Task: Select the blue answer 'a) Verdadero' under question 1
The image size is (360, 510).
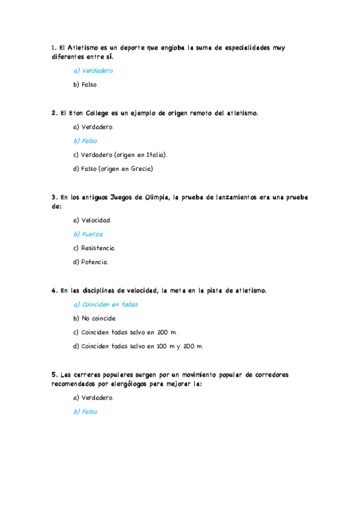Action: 93,70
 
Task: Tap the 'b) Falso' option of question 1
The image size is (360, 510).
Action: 85,85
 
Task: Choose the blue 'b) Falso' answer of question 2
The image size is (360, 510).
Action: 85,141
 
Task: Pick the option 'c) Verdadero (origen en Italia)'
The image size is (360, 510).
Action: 120,155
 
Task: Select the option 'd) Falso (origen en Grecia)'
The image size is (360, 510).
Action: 114,168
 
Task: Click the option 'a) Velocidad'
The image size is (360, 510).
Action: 92,220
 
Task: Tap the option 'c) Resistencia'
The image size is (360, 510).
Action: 94,248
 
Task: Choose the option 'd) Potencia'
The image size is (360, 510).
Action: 91,262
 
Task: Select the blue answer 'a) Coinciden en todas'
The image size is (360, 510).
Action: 106,304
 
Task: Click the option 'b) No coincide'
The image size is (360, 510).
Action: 95,318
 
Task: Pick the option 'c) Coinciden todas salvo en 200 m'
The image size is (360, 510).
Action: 125,332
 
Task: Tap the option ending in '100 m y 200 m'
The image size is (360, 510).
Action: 138,346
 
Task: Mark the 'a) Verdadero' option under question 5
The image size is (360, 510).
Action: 93,398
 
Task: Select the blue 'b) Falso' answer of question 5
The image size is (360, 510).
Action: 85,412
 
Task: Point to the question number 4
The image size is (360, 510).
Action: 55,290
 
